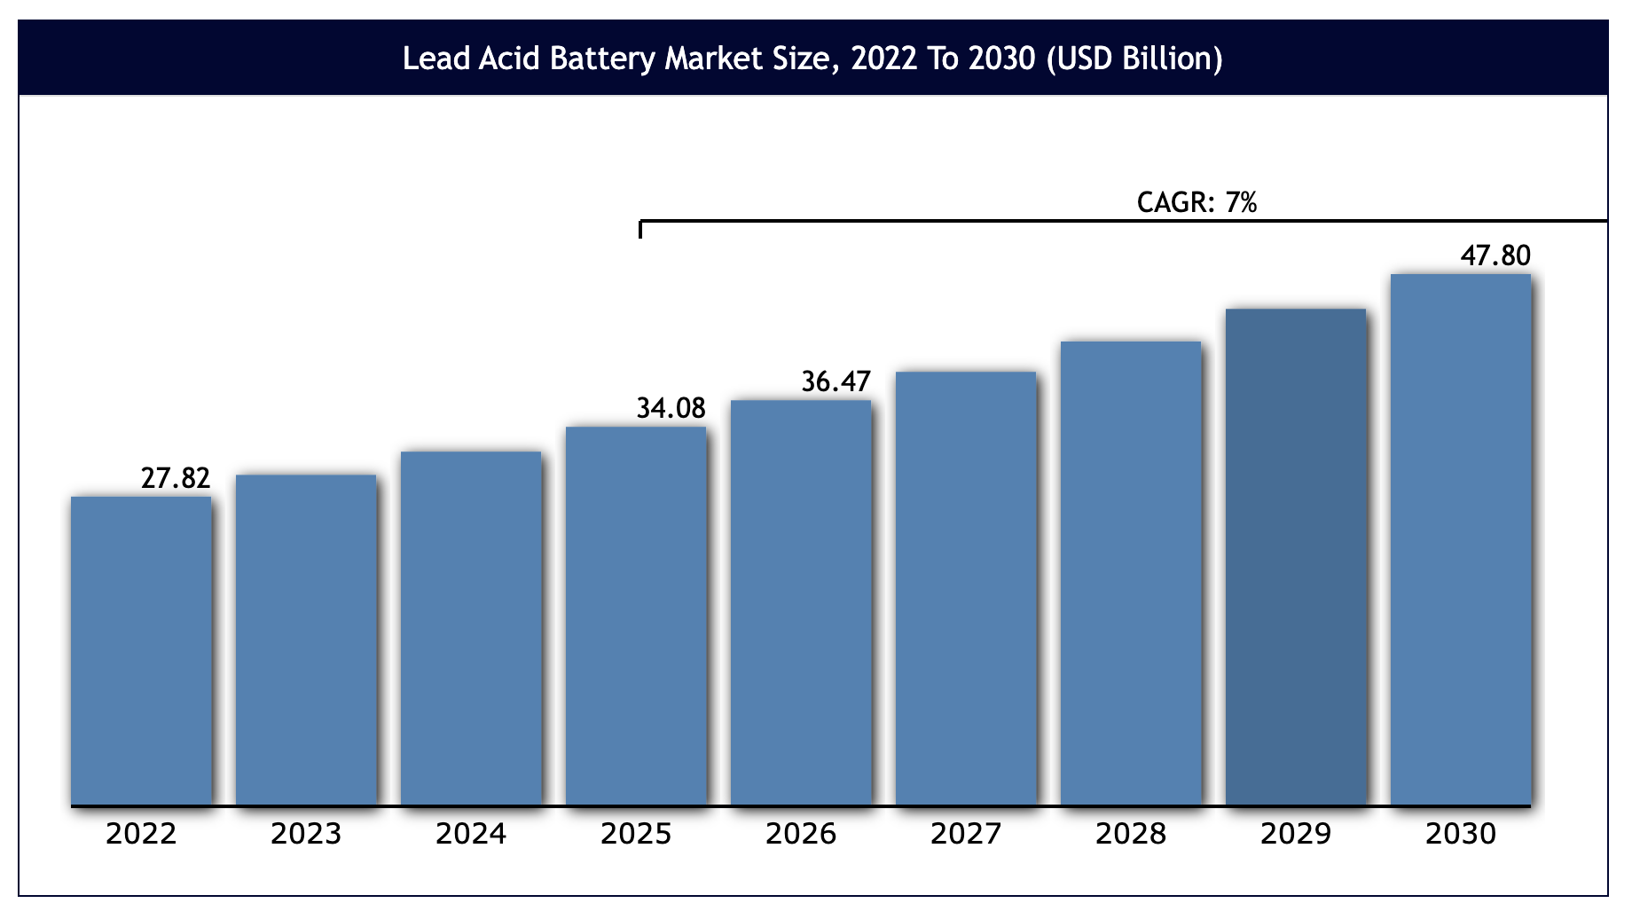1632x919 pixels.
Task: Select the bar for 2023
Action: coord(306,640)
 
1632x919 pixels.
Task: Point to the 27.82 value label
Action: coord(176,478)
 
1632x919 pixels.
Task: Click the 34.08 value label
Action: coord(671,408)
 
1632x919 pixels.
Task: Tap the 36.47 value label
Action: coord(836,381)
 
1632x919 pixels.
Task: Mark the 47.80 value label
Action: coord(1495,255)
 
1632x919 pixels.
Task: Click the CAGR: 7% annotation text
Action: coord(1197,203)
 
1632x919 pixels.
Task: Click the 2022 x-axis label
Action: coord(141,834)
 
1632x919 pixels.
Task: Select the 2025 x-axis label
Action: coord(636,834)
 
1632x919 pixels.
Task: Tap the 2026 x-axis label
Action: coord(801,834)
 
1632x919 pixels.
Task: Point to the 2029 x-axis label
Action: coord(1296,834)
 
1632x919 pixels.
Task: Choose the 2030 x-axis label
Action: coord(1461,834)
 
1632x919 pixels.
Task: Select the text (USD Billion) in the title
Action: coord(1134,59)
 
